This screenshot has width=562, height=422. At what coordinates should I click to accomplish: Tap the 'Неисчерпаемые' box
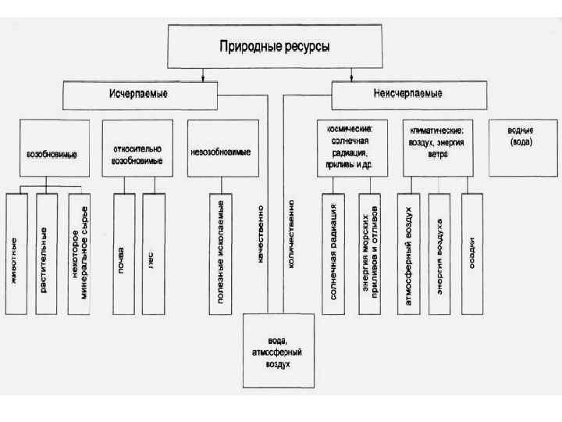tap(408, 95)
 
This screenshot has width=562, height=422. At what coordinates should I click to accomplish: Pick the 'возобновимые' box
tap(52, 148)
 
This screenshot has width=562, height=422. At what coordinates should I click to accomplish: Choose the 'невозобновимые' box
tap(222, 148)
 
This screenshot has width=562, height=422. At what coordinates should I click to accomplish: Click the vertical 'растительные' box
tap(45, 253)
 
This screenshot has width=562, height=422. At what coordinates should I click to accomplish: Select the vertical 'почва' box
tap(123, 253)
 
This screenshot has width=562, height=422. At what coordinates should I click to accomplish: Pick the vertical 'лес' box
tap(153, 253)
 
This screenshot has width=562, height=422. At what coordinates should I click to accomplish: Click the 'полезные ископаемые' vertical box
tap(221, 253)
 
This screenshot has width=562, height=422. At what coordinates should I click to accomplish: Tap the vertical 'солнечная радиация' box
tap(333, 253)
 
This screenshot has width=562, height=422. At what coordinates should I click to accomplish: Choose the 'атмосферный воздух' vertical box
tap(408, 253)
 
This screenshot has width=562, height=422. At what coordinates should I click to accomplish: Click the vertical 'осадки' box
tap(471, 253)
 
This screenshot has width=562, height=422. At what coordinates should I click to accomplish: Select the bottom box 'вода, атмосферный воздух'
tap(278, 350)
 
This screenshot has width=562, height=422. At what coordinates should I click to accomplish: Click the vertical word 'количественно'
tap(291, 234)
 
